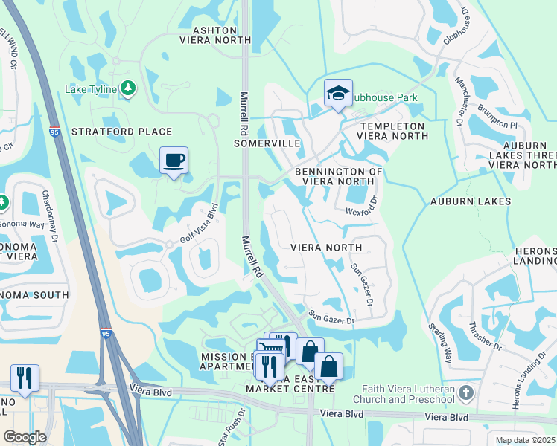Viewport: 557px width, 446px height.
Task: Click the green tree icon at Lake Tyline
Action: (128, 88)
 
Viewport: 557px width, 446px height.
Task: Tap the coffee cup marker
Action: (174, 161)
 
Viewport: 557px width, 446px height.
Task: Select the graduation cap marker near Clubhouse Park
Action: (337, 94)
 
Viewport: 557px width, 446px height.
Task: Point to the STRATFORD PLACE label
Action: (121, 132)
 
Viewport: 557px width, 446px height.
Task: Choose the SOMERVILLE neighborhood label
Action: (267, 143)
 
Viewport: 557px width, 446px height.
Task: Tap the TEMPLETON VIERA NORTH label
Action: (391, 132)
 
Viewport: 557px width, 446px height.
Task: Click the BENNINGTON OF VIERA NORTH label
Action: (338, 176)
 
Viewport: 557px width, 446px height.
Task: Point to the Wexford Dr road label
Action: (363, 211)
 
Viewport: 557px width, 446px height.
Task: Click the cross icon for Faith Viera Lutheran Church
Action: (465, 392)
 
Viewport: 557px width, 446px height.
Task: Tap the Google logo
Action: (25, 437)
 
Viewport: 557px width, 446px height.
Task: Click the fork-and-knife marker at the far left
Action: (25, 378)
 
